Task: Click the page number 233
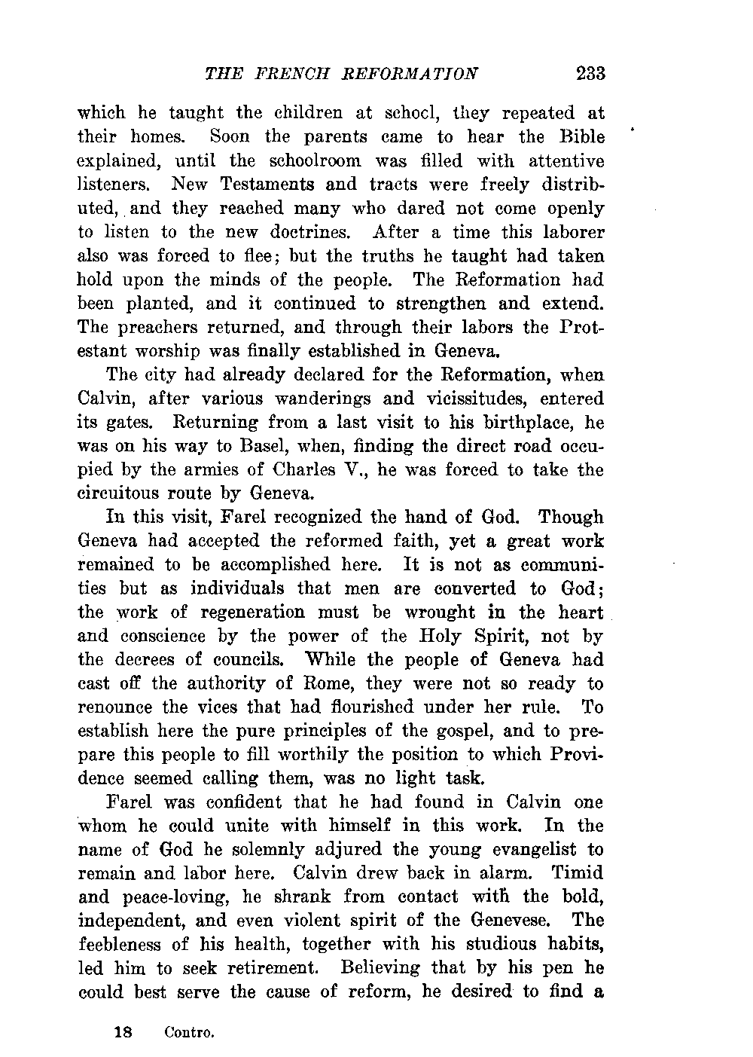(590, 75)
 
